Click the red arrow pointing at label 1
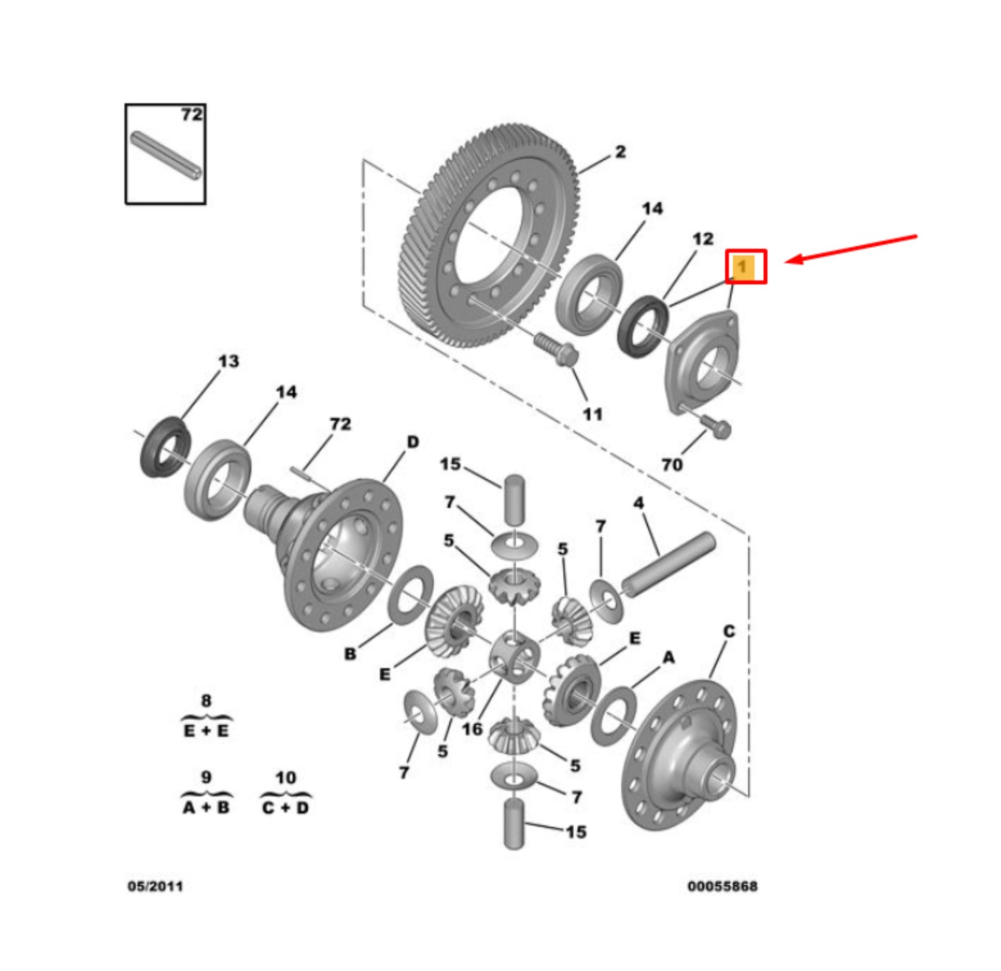coord(855,248)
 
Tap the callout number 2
coord(620,152)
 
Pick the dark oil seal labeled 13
coord(166,447)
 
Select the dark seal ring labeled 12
coord(643,325)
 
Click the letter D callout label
coord(413,442)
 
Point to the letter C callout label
coord(728,631)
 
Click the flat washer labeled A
coord(614,715)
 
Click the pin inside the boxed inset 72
coord(166,155)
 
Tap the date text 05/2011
coord(155,886)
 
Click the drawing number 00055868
coord(722,886)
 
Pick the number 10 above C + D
coord(285,777)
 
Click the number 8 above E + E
coord(205,701)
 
